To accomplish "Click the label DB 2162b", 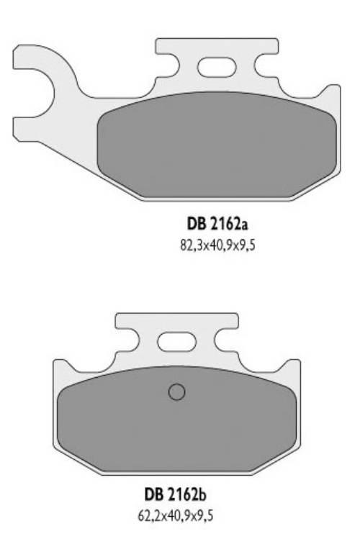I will point(176,497).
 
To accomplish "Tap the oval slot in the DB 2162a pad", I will point(211,68).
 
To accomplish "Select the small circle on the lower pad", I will point(176,392).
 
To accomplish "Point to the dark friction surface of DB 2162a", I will point(216,148).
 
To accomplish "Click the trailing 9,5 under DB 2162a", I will point(246,245).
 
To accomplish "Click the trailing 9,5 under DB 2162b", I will point(204,516).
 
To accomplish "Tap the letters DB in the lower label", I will point(153,497).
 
